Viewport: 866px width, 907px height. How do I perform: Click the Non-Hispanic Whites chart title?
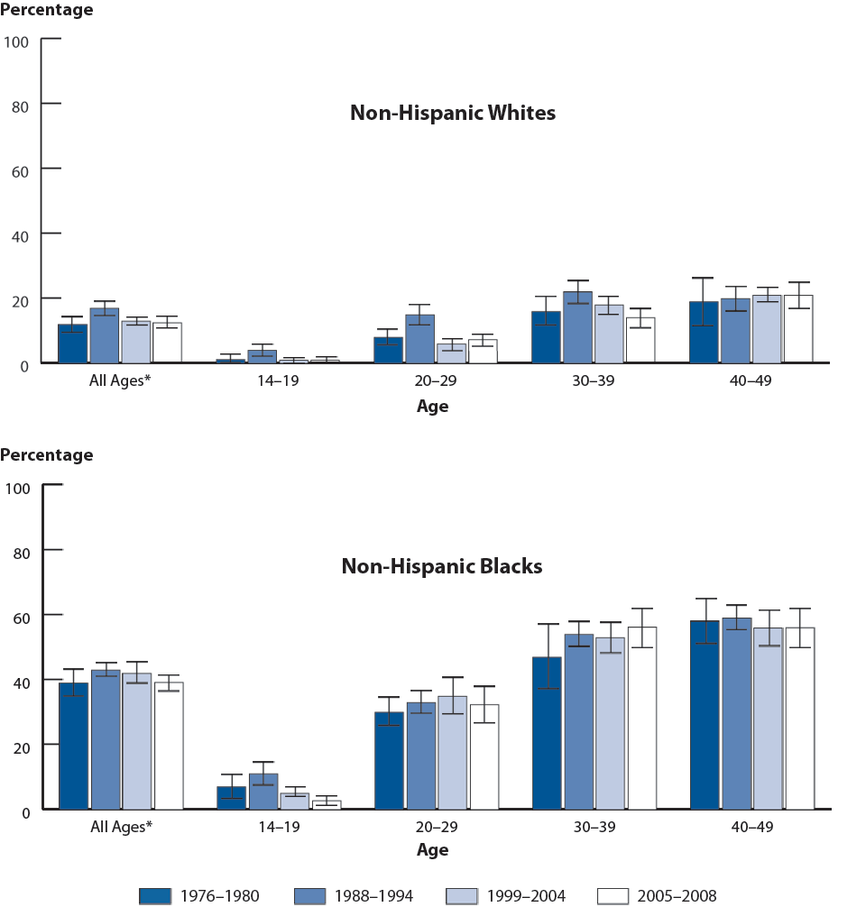click(x=452, y=114)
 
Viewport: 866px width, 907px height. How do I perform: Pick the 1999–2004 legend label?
click(x=524, y=895)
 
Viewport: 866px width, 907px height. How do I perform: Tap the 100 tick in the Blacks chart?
click(x=18, y=487)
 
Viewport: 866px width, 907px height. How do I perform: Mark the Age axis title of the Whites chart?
click(x=432, y=406)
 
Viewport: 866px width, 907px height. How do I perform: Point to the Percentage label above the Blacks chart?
click(x=46, y=455)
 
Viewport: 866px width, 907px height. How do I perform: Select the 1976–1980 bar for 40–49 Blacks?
click(x=705, y=715)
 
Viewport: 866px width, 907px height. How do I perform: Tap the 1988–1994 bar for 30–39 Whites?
click(x=578, y=327)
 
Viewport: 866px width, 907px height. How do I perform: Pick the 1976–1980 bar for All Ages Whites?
click(x=72, y=344)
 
